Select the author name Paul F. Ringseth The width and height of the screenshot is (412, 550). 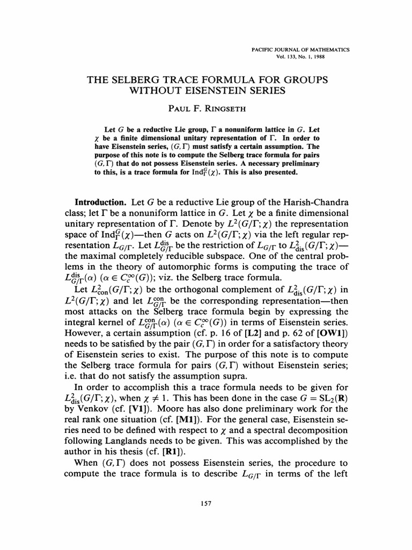click(x=206, y=108)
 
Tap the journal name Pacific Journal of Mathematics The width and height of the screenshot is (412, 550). click(x=300, y=49)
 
